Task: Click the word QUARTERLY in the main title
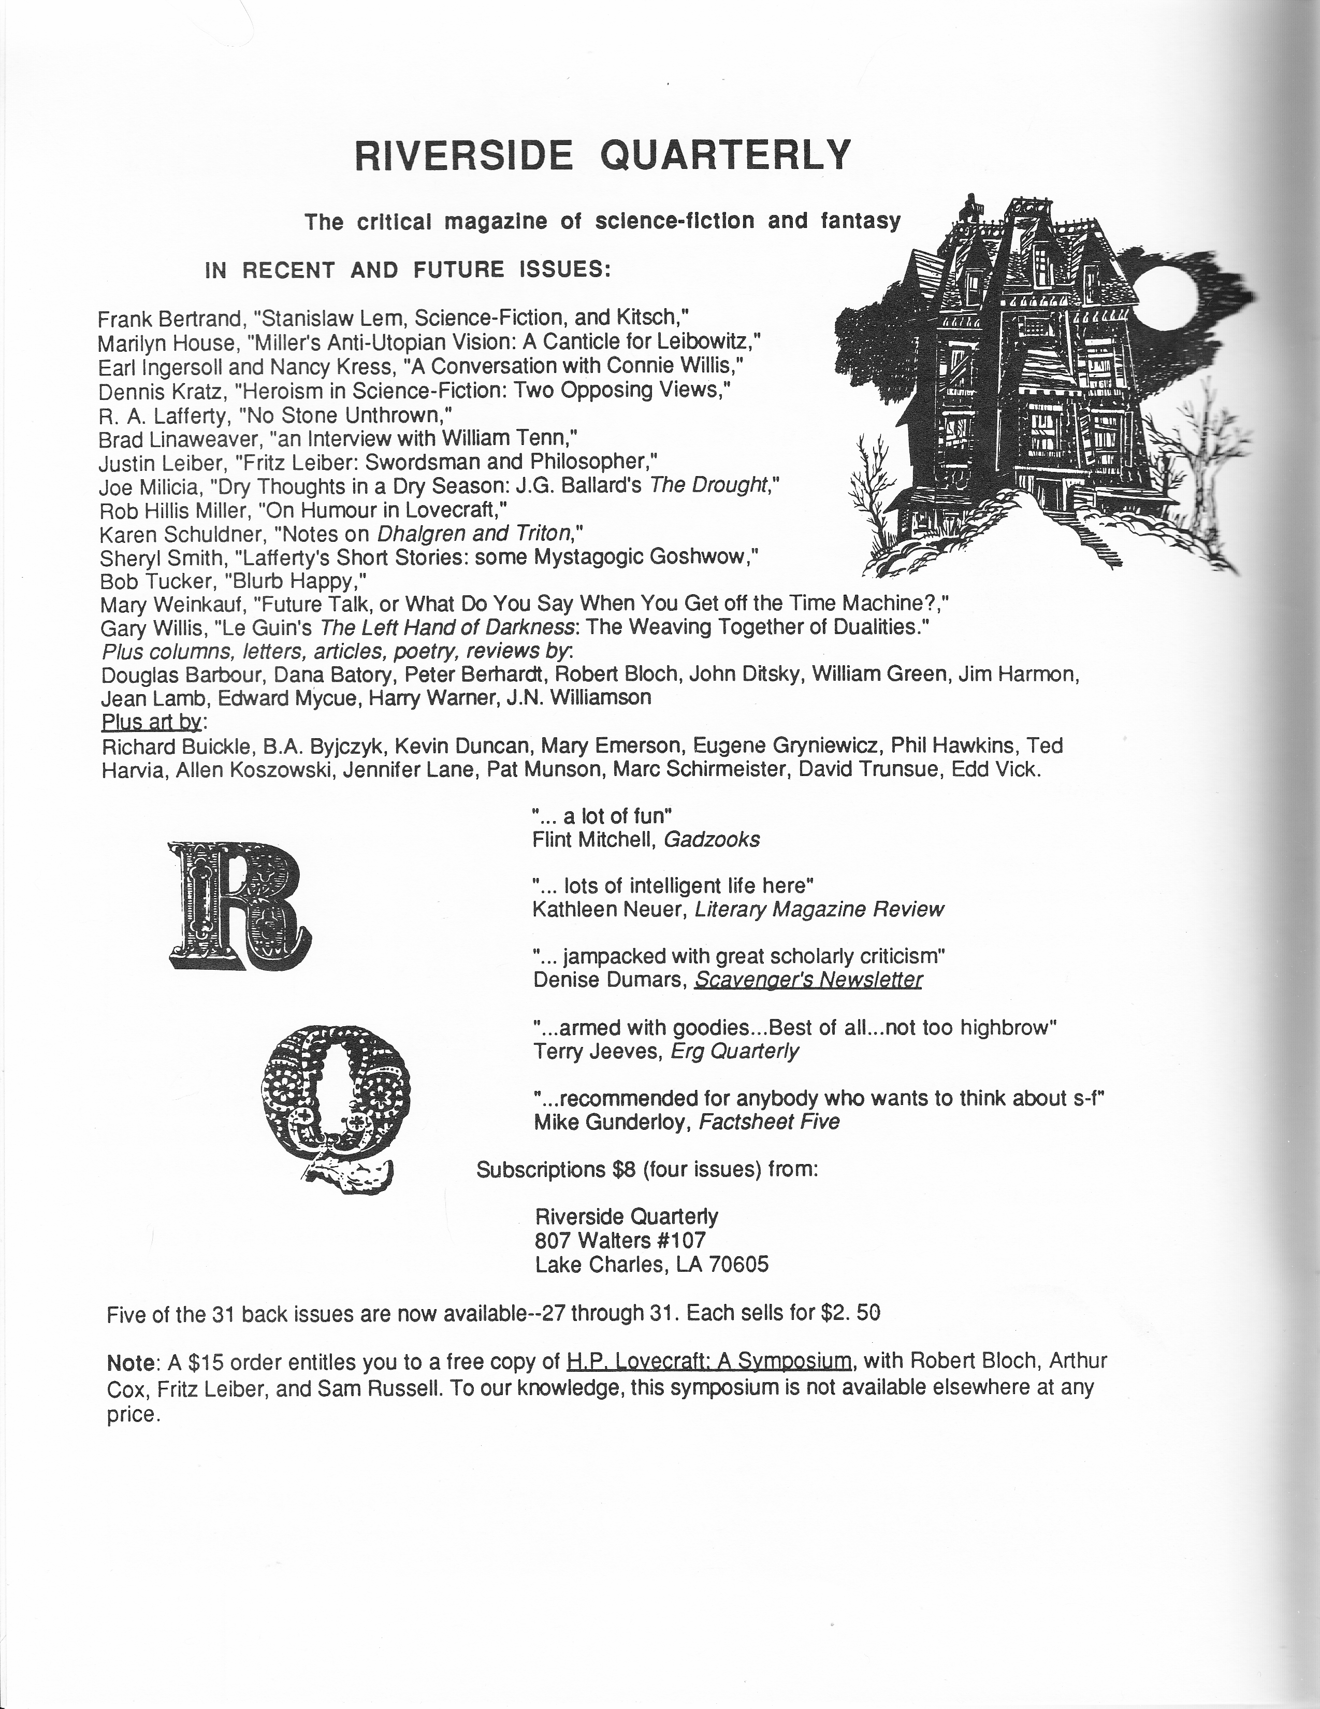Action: [x=724, y=154]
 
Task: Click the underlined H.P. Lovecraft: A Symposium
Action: [x=709, y=1361]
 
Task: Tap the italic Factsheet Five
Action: [x=768, y=1122]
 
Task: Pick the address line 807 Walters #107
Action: [x=620, y=1240]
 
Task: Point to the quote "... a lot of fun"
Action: [x=602, y=816]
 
